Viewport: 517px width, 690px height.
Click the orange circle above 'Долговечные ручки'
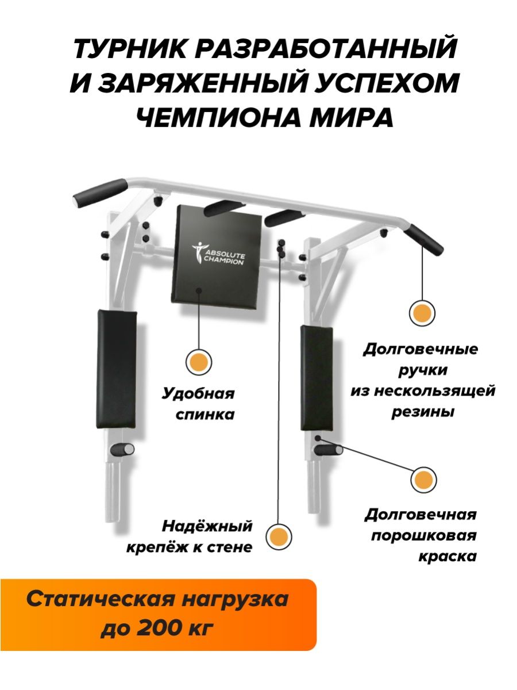(422, 313)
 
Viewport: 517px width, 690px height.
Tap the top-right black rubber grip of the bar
(423, 239)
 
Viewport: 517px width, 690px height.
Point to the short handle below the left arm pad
(122, 450)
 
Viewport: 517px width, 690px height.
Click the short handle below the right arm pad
(329, 450)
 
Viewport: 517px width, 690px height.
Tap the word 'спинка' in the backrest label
(205, 415)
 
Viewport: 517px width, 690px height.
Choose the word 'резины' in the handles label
(423, 412)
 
